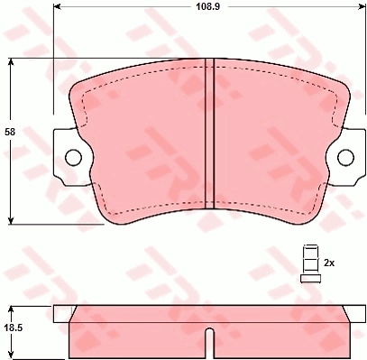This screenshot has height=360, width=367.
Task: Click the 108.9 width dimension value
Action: pos(208,6)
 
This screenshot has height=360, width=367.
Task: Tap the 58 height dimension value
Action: pos(10,132)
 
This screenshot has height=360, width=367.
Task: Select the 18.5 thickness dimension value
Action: pos(14,328)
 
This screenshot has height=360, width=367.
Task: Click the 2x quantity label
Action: pos(329,263)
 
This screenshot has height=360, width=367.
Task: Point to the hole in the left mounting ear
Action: pos(73,157)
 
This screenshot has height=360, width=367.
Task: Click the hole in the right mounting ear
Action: pos(345,157)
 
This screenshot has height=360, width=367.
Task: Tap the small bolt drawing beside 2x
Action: pos(310,263)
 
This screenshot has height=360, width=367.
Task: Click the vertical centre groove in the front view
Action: pos(209,134)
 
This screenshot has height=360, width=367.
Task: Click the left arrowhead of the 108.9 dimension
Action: pos(56,6)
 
